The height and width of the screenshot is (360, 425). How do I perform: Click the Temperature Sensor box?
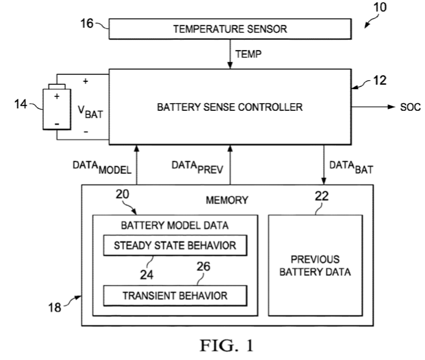pos(230,29)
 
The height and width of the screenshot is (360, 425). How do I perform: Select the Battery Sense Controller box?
pos(230,106)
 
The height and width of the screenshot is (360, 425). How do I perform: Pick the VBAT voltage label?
pos(90,114)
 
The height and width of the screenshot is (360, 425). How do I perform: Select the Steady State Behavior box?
pos(175,245)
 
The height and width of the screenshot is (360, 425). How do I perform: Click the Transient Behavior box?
pos(175,295)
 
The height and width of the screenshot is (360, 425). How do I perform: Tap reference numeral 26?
pos(204,269)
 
